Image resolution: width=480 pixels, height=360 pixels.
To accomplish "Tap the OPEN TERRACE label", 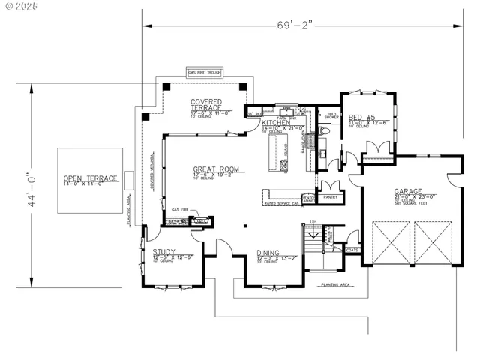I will pos(91,178).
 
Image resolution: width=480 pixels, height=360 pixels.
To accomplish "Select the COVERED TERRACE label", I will pos(205,104).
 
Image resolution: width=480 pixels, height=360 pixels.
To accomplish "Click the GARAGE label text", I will pos(409,191).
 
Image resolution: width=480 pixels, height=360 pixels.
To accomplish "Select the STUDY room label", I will pos(164,252).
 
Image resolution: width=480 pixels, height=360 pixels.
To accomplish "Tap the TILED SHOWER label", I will pos(331,115).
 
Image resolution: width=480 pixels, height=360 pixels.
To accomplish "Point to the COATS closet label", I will pos(352,250).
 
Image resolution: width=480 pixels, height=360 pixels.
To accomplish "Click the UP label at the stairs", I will pos(313,223).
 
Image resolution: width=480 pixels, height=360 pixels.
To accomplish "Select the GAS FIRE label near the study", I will pos(178,210).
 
